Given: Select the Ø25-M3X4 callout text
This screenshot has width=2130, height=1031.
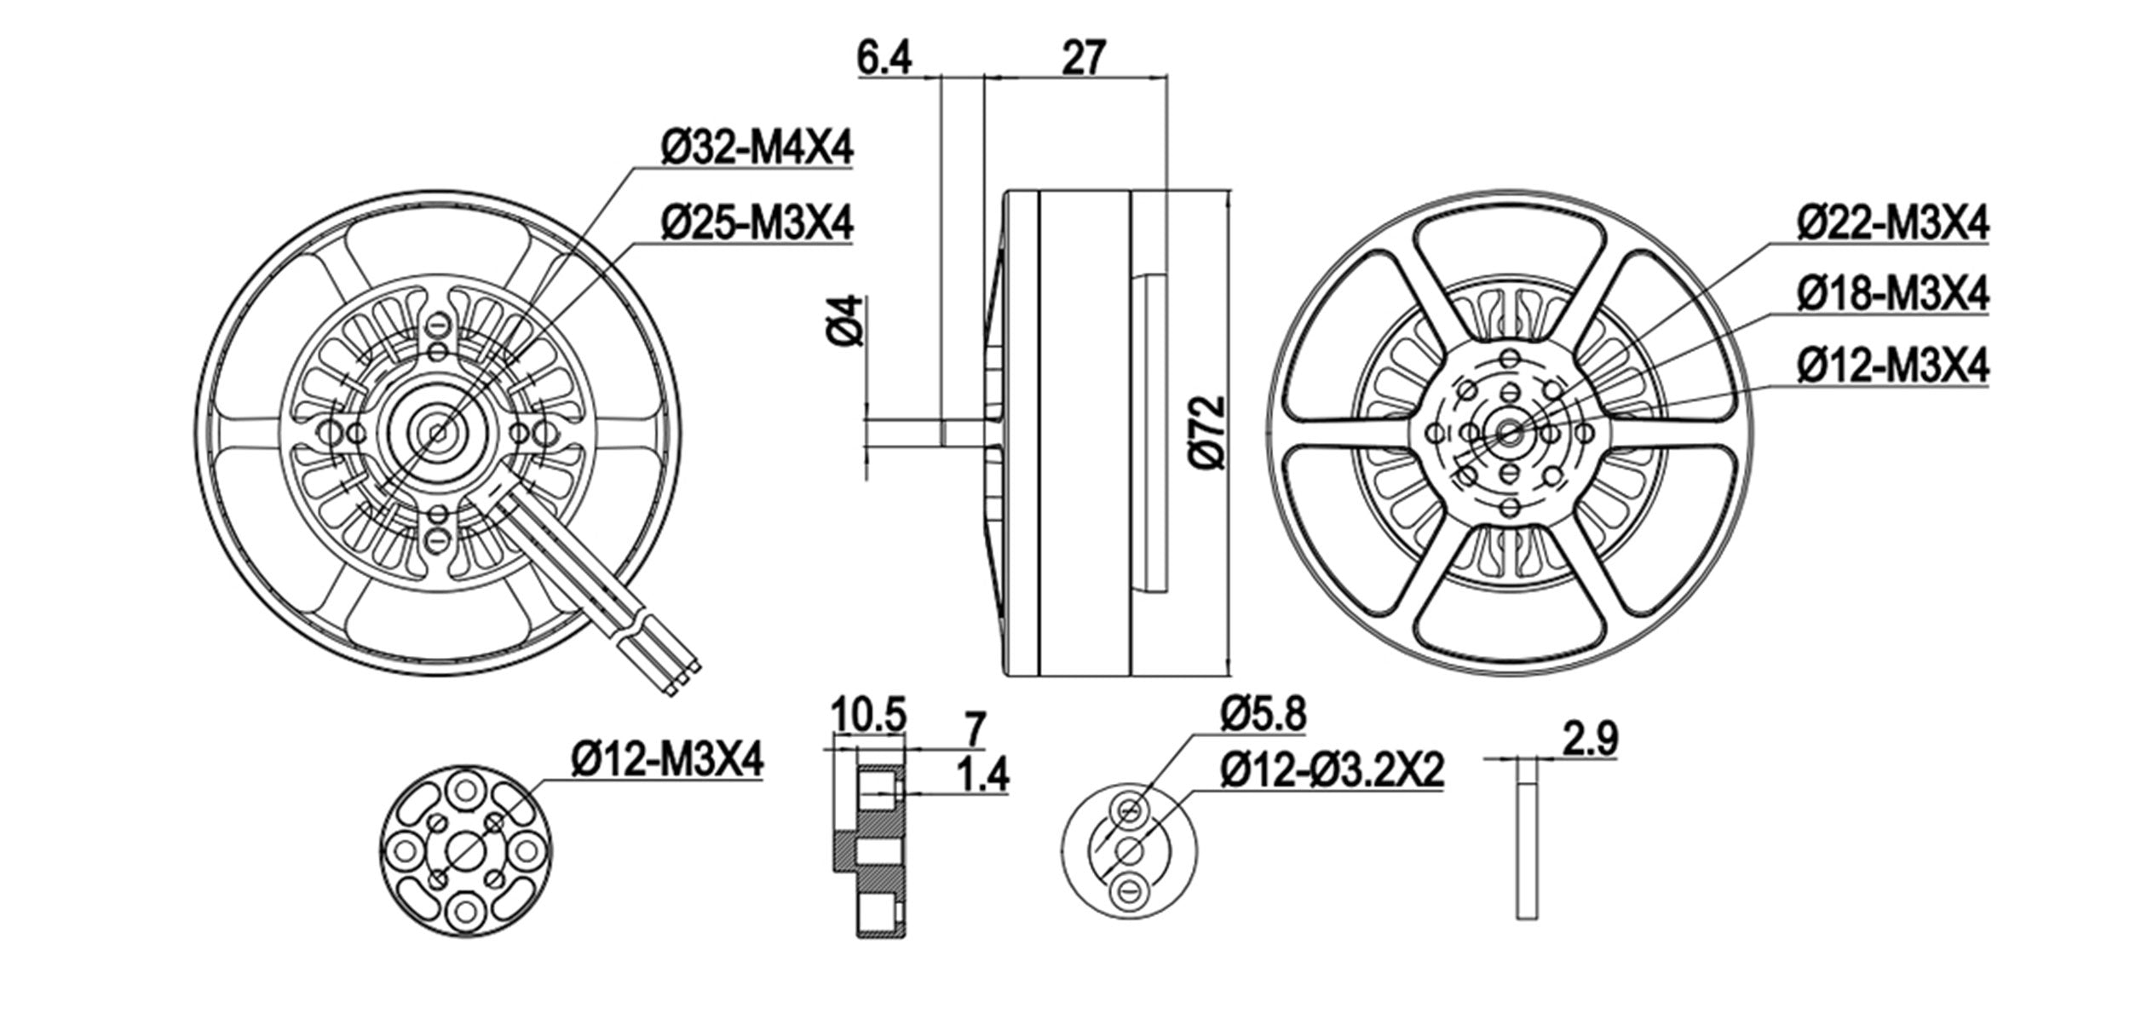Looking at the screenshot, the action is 757,224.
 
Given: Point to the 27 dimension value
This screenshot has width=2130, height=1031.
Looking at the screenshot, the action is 1083,58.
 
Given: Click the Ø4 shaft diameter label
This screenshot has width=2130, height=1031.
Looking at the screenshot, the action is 846,320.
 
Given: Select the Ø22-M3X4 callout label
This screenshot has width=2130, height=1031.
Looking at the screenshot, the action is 1892,224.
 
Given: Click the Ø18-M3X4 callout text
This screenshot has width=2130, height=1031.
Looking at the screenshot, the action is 1892,295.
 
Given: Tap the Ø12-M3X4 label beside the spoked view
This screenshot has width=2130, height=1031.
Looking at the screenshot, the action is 1892,367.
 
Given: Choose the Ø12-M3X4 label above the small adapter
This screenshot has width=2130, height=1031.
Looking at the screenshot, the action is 667,758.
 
